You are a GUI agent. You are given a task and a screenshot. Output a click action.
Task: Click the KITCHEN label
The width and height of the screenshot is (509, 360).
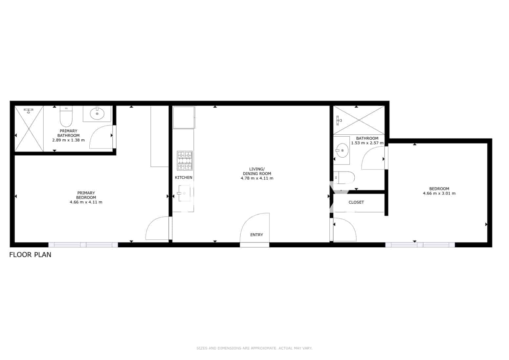pyautogui.click(x=184, y=177)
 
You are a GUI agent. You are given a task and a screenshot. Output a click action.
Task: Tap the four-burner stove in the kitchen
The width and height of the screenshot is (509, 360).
pyautogui.click(x=185, y=161)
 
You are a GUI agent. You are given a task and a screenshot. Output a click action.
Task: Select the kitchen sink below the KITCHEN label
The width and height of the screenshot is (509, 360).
pyautogui.click(x=184, y=193)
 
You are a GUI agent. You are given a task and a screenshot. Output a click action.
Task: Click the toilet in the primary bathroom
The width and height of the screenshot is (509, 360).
pyautogui.click(x=66, y=117)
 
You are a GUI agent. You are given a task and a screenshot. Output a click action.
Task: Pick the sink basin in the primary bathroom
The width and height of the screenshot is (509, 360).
pyautogui.click(x=97, y=114)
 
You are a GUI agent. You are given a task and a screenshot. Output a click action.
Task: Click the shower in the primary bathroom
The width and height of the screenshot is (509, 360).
pyautogui.click(x=29, y=128)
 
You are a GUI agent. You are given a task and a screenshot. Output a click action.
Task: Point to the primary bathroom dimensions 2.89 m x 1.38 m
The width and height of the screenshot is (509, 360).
pyautogui.click(x=68, y=140)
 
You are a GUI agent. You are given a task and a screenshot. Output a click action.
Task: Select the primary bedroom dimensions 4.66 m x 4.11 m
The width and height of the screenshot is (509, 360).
pyautogui.click(x=86, y=202)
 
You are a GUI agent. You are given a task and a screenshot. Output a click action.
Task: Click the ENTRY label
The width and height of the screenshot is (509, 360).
pyautogui.click(x=256, y=235)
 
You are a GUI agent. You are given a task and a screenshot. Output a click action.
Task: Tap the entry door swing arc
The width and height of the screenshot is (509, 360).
pyautogui.click(x=253, y=227)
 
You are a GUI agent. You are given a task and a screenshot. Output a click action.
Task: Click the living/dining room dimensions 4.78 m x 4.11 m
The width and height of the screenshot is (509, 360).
pyautogui.click(x=257, y=178)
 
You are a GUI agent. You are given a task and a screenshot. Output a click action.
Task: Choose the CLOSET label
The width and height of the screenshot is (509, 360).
pyautogui.click(x=356, y=202)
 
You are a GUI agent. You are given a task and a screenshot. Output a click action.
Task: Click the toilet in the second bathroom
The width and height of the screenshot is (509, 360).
pyautogui.click(x=344, y=178)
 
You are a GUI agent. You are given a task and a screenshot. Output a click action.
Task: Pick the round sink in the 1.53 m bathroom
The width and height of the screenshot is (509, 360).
pyautogui.click(x=342, y=150)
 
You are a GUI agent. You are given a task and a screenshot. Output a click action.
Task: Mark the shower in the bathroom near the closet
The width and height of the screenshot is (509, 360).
pyautogui.click(x=359, y=120)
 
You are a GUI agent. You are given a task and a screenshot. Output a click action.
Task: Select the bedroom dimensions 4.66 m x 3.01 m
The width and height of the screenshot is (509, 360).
pyautogui.click(x=439, y=193)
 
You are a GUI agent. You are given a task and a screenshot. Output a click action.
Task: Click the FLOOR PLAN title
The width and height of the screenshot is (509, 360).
pyautogui.click(x=30, y=255)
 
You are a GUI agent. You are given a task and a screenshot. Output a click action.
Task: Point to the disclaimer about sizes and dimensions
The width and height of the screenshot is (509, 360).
pyautogui.click(x=254, y=348)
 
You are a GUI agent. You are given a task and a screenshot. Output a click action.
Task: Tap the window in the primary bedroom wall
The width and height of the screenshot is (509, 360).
pyautogui.click(x=83, y=245)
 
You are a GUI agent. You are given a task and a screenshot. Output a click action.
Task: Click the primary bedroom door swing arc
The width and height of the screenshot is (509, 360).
pyautogui.click(x=156, y=228)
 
